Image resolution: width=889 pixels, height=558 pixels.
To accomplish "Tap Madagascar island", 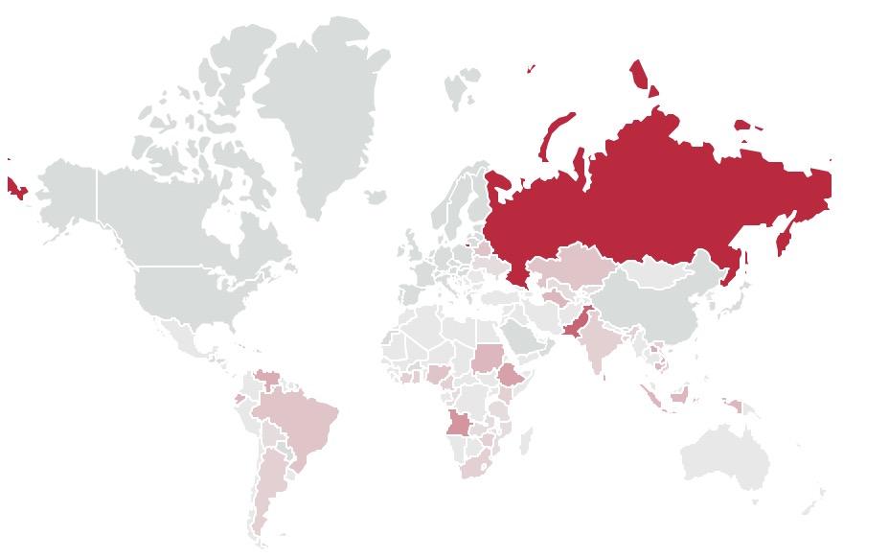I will [x=526, y=440].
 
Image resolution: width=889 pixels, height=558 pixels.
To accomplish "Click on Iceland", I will [x=375, y=198].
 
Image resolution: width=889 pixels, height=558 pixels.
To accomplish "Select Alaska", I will [x=67, y=192].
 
